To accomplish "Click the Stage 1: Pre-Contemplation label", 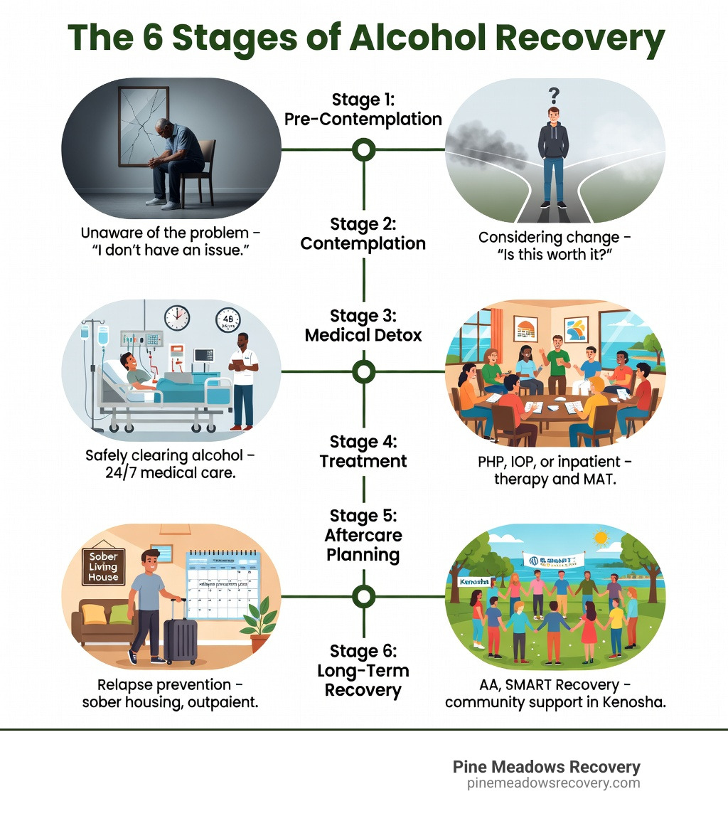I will (x=363, y=109).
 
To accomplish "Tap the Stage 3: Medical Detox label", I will (x=363, y=325).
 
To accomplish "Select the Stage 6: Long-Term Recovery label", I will (x=363, y=670).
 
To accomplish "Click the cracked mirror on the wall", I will (x=144, y=127).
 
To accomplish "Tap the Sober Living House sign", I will (x=103, y=566).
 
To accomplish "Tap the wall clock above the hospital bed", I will (x=176, y=317).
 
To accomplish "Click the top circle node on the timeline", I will (x=364, y=149).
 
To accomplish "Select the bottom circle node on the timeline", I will (x=364, y=596).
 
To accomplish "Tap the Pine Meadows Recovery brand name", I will (x=546, y=767).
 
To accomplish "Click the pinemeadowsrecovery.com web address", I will (x=553, y=783).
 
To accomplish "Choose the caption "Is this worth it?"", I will (x=555, y=256).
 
